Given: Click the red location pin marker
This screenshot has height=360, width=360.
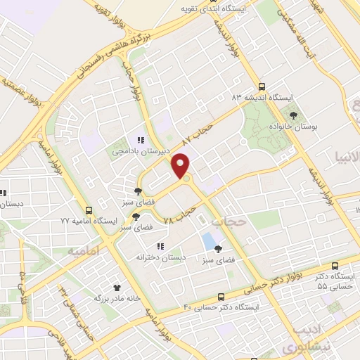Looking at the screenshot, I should tap(181, 165).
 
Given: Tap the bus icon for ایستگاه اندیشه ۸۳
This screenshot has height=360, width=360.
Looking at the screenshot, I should tap(262, 85).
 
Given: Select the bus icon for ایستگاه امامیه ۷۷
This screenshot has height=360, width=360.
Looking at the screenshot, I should tap(89, 210).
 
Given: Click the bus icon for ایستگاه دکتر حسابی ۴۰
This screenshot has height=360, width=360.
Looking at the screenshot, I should tap(221, 297).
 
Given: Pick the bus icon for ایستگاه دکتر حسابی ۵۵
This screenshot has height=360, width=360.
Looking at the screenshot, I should tap(334, 266).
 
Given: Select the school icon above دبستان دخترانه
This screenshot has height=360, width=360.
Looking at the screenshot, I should tap(160, 246).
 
